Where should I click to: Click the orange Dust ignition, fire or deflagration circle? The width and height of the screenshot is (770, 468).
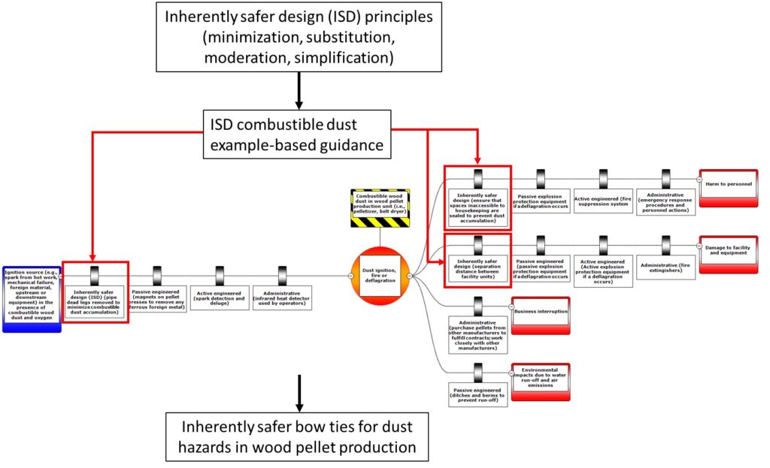coord(380,275)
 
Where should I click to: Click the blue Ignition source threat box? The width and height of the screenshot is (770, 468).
coord(30,298)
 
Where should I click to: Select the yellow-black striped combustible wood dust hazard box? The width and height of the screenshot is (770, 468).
coord(380,208)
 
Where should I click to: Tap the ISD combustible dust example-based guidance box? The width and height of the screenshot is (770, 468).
coord(299,134)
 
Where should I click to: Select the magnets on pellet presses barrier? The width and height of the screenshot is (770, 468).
coord(157,297)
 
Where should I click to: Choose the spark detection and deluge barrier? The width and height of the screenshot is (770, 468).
coord(220,297)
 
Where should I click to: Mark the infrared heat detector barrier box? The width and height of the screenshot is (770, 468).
coord(282,297)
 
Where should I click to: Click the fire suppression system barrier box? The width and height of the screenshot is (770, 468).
coord(604,200)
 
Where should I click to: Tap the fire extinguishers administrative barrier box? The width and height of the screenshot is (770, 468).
coord(665,267)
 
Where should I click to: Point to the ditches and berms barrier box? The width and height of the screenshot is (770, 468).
coord(478,394)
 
